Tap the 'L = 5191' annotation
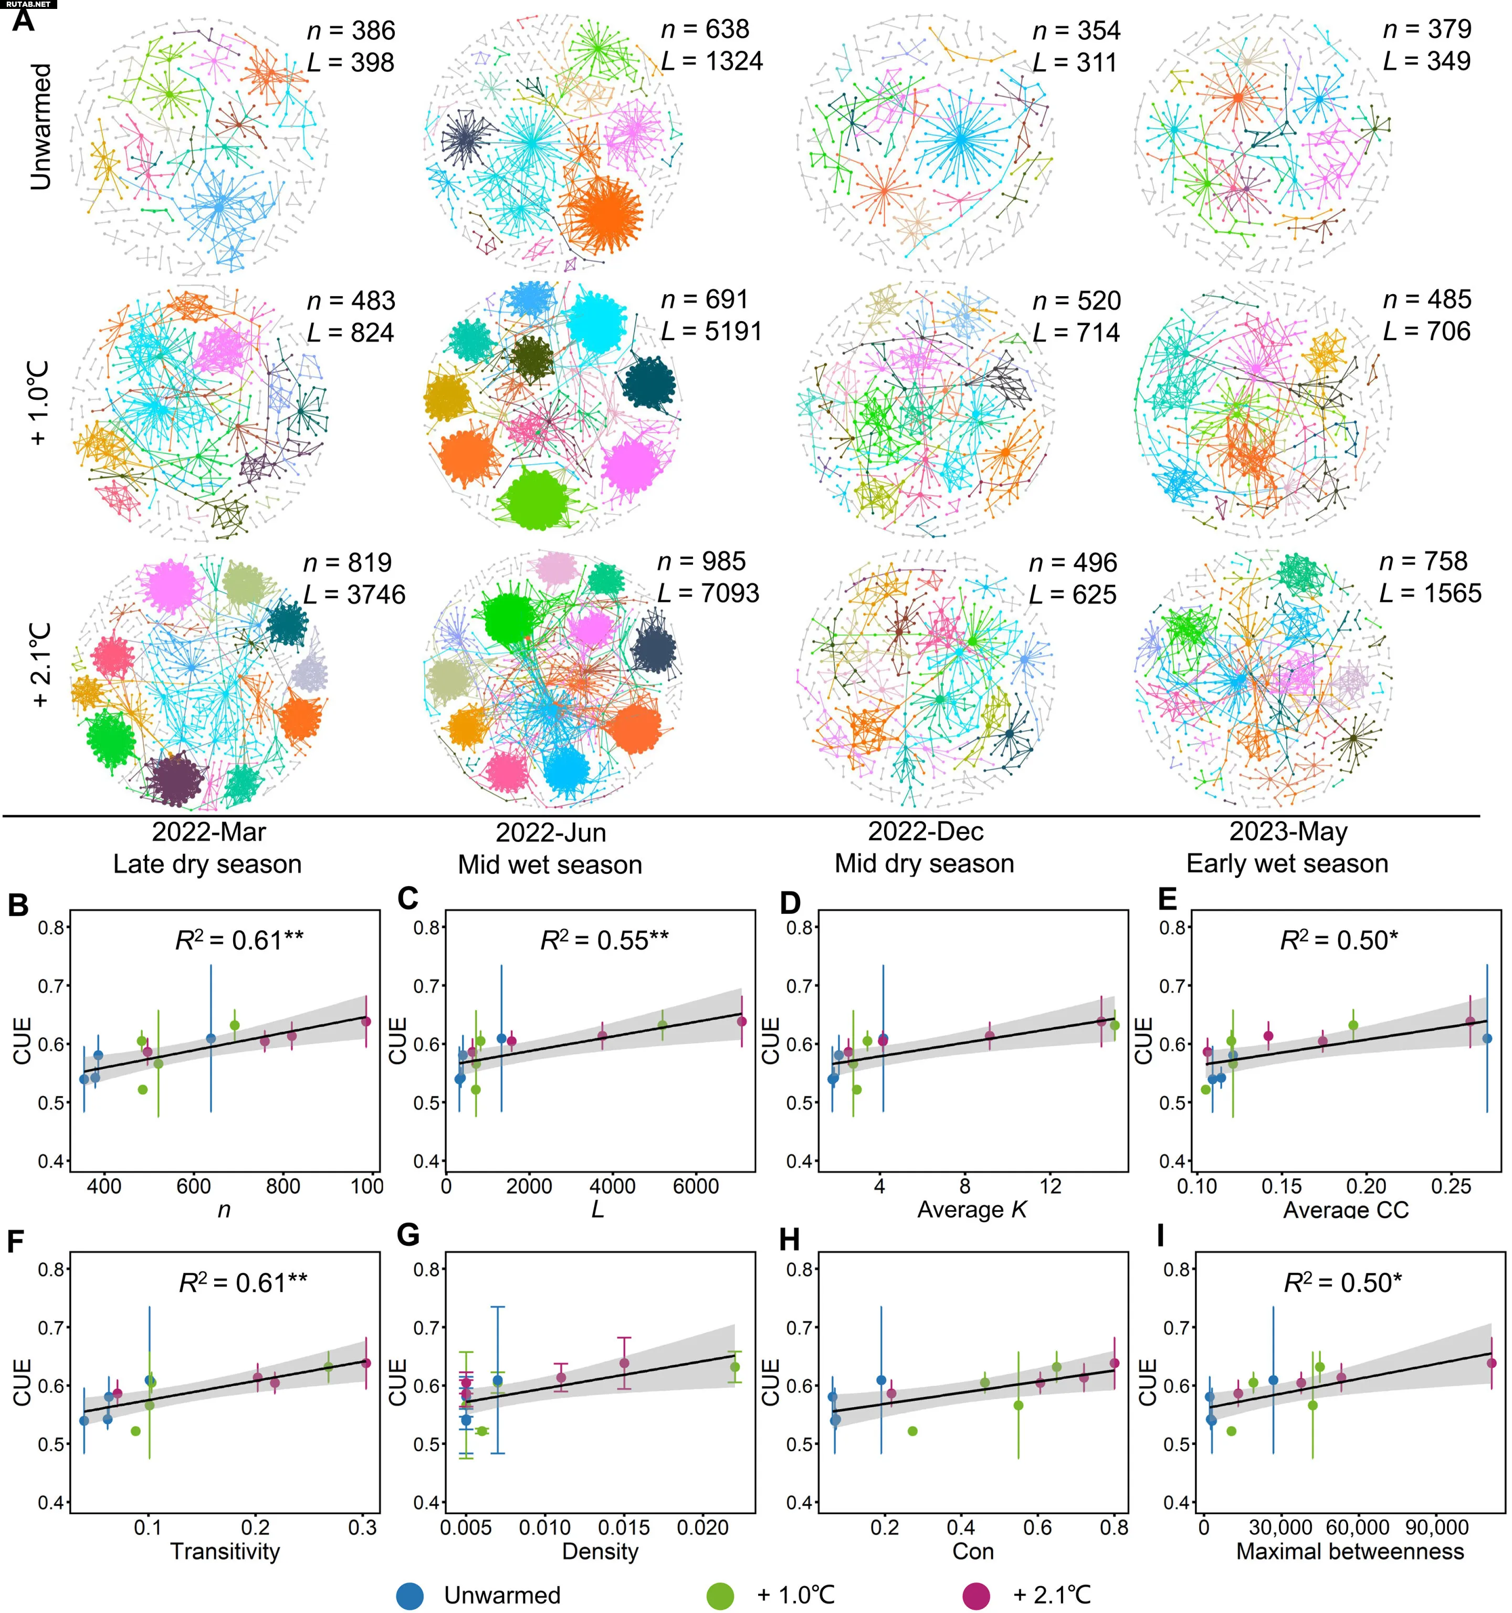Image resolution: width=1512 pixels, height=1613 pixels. pos(711,331)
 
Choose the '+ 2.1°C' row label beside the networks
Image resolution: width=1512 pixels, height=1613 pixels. pos(40,664)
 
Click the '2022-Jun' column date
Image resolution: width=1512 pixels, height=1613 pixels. pos(551,832)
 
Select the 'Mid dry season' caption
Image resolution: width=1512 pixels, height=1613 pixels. pos(924,863)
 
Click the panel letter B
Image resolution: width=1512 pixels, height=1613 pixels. pos(19,904)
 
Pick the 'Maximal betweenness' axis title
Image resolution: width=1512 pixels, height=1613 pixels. pos(1350,1552)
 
